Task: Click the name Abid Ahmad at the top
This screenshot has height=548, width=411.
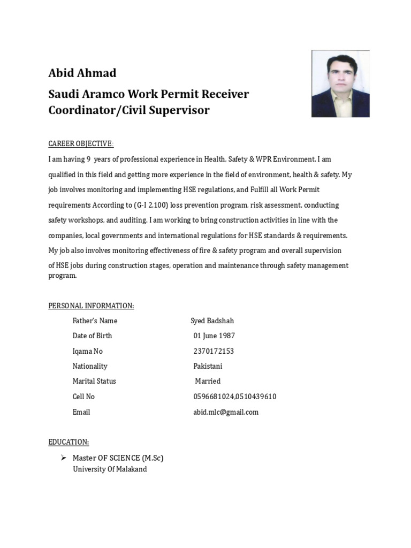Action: [x=82, y=73]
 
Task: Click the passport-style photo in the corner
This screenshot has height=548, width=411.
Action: [x=340, y=84]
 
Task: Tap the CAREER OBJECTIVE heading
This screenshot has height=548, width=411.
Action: [x=81, y=144]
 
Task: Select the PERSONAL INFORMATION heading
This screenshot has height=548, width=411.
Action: [x=91, y=306]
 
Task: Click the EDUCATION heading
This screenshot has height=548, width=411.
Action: [x=68, y=442]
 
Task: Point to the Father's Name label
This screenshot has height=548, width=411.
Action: [x=95, y=321]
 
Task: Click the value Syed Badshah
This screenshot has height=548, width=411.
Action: [x=212, y=321]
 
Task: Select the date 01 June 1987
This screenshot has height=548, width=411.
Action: [x=214, y=336]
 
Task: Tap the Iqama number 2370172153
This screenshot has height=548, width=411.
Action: [x=213, y=352]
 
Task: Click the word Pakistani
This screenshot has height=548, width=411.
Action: [x=208, y=367]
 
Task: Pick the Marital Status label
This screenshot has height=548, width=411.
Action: [x=94, y=382]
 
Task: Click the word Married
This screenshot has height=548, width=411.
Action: [x=208, y=382]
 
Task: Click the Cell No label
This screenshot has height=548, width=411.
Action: [x=83, y=397]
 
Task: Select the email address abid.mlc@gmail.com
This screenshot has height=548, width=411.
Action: [x=225, y=412]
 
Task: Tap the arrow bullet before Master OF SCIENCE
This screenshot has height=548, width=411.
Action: [x=63, y=458]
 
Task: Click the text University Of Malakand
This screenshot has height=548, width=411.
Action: [x=110, y=469]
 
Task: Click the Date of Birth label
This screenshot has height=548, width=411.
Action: [x=92, y=336]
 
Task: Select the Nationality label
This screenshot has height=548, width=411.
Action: [x=90, y=367]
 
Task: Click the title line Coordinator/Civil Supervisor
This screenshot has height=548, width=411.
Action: [x=129, y=110]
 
